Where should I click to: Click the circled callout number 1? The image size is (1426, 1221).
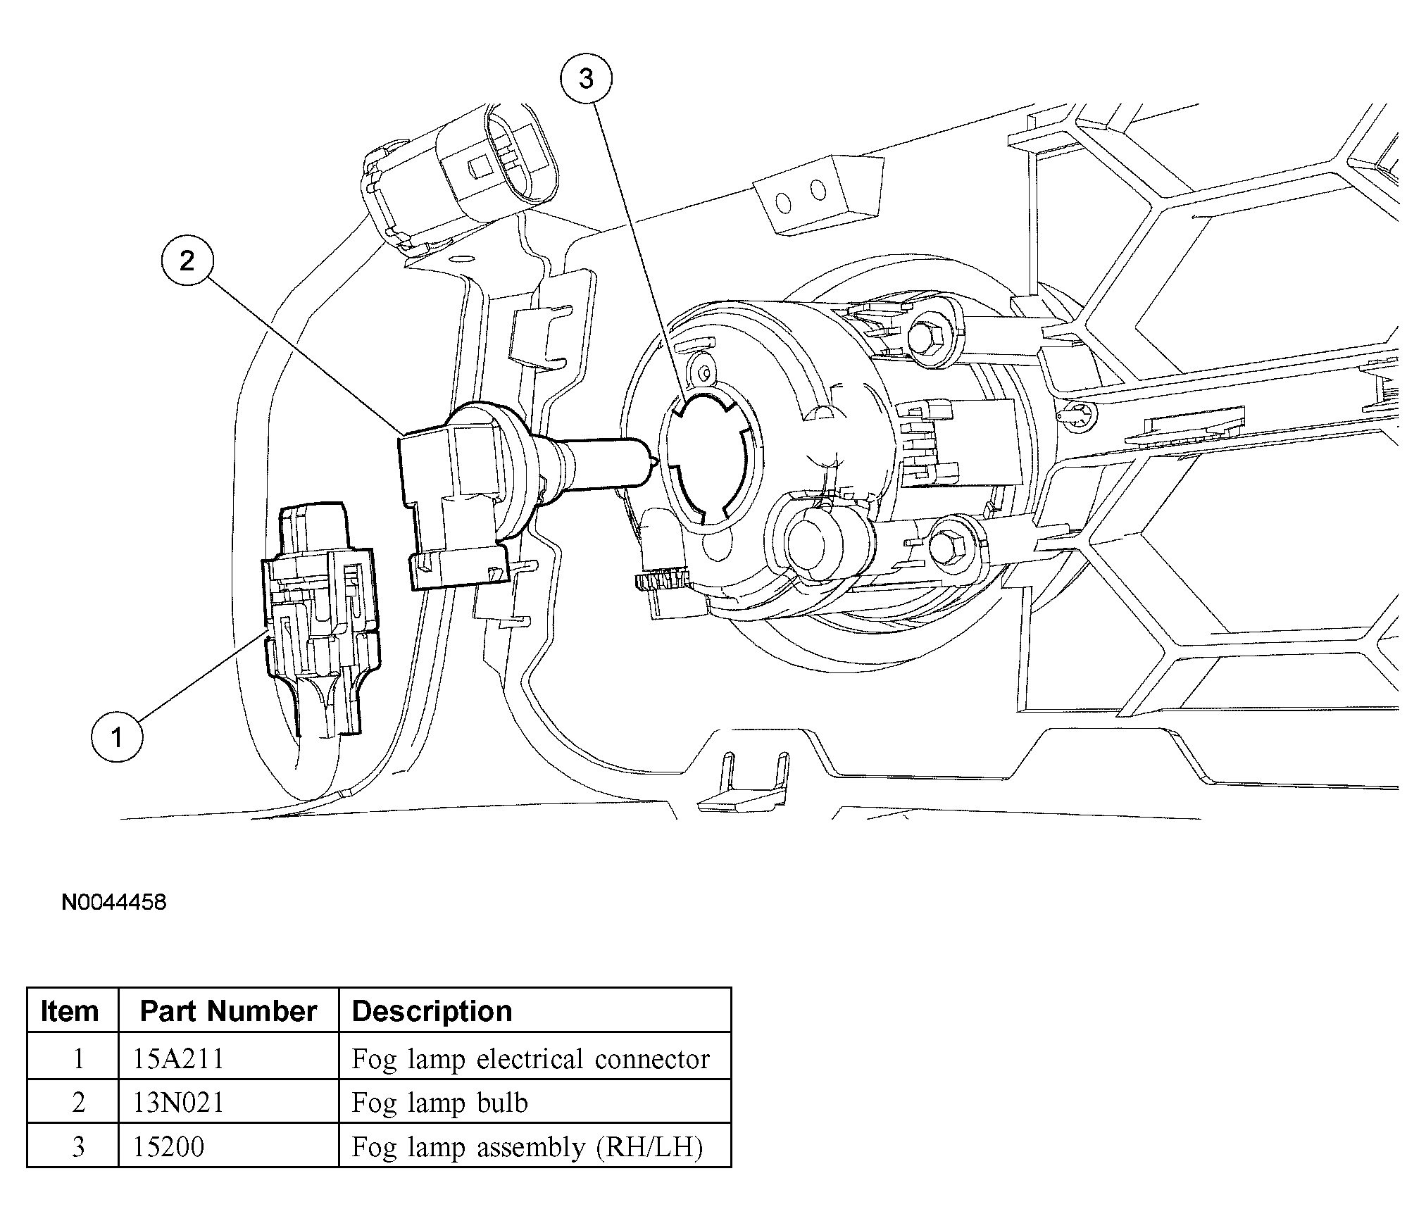(x=117, y=737)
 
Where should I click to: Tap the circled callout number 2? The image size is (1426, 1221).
(x=187, y=261)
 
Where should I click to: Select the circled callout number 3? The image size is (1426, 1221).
(x=586, y=79)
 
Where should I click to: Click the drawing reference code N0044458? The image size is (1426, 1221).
(x=114, y=903)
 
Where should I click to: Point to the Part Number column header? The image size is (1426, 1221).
(x=228, y=1011)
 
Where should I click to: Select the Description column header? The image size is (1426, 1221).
(x=432, y=1011)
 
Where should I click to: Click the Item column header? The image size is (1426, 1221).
(x=70, y=1011)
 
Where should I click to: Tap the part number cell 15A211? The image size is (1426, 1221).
(x=178, y=1059)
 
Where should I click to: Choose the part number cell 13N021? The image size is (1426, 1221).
(x=178, y=1103)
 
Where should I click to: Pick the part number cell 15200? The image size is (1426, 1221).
(x=169, y=1146)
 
